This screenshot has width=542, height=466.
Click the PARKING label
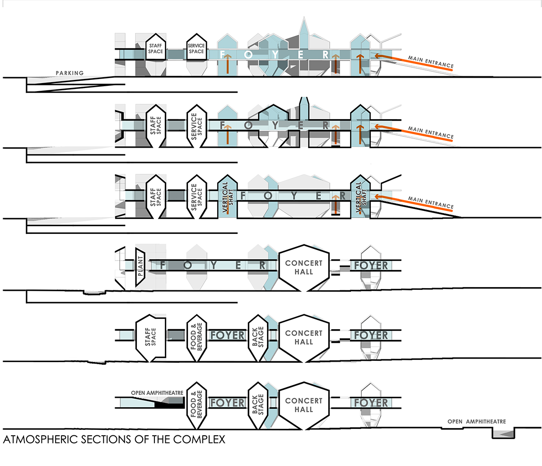coord(70,73)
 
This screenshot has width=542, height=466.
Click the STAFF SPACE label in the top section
coord(155,49)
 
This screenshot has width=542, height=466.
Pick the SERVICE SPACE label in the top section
coord(196,49)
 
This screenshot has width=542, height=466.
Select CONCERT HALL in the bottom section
coord(304,405)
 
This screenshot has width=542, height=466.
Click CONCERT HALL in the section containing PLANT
coord(304,267)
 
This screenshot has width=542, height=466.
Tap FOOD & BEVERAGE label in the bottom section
coord(196,401)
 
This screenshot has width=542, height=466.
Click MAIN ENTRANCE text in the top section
coord(430,62)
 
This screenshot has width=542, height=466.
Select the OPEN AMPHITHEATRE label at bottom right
coord(477,421)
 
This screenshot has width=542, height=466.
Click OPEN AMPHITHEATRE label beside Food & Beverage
coord(157,393)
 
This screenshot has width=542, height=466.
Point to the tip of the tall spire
coord(305,19)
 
